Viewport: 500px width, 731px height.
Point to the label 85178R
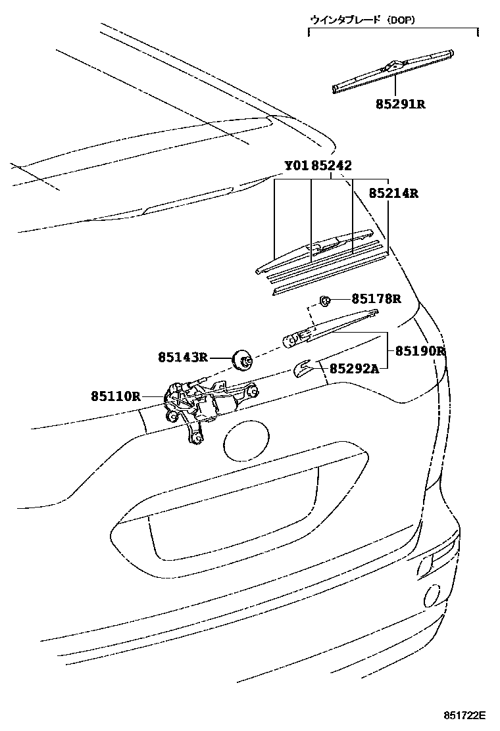click(x=376, y=299)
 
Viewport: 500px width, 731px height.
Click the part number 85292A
click(x=354, y=369)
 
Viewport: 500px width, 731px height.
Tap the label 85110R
click(x=116, y=396)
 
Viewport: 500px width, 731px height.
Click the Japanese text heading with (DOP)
click(x=362, y=20)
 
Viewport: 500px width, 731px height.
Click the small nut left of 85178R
click(x=324, y=300)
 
